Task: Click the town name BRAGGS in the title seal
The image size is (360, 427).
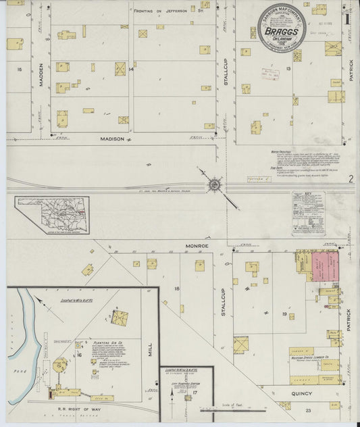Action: tap(281, 31)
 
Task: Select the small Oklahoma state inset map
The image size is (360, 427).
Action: tap(52, 216)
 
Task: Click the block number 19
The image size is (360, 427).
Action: tap(285, 314)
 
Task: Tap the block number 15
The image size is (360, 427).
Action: tap(20, 70)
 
